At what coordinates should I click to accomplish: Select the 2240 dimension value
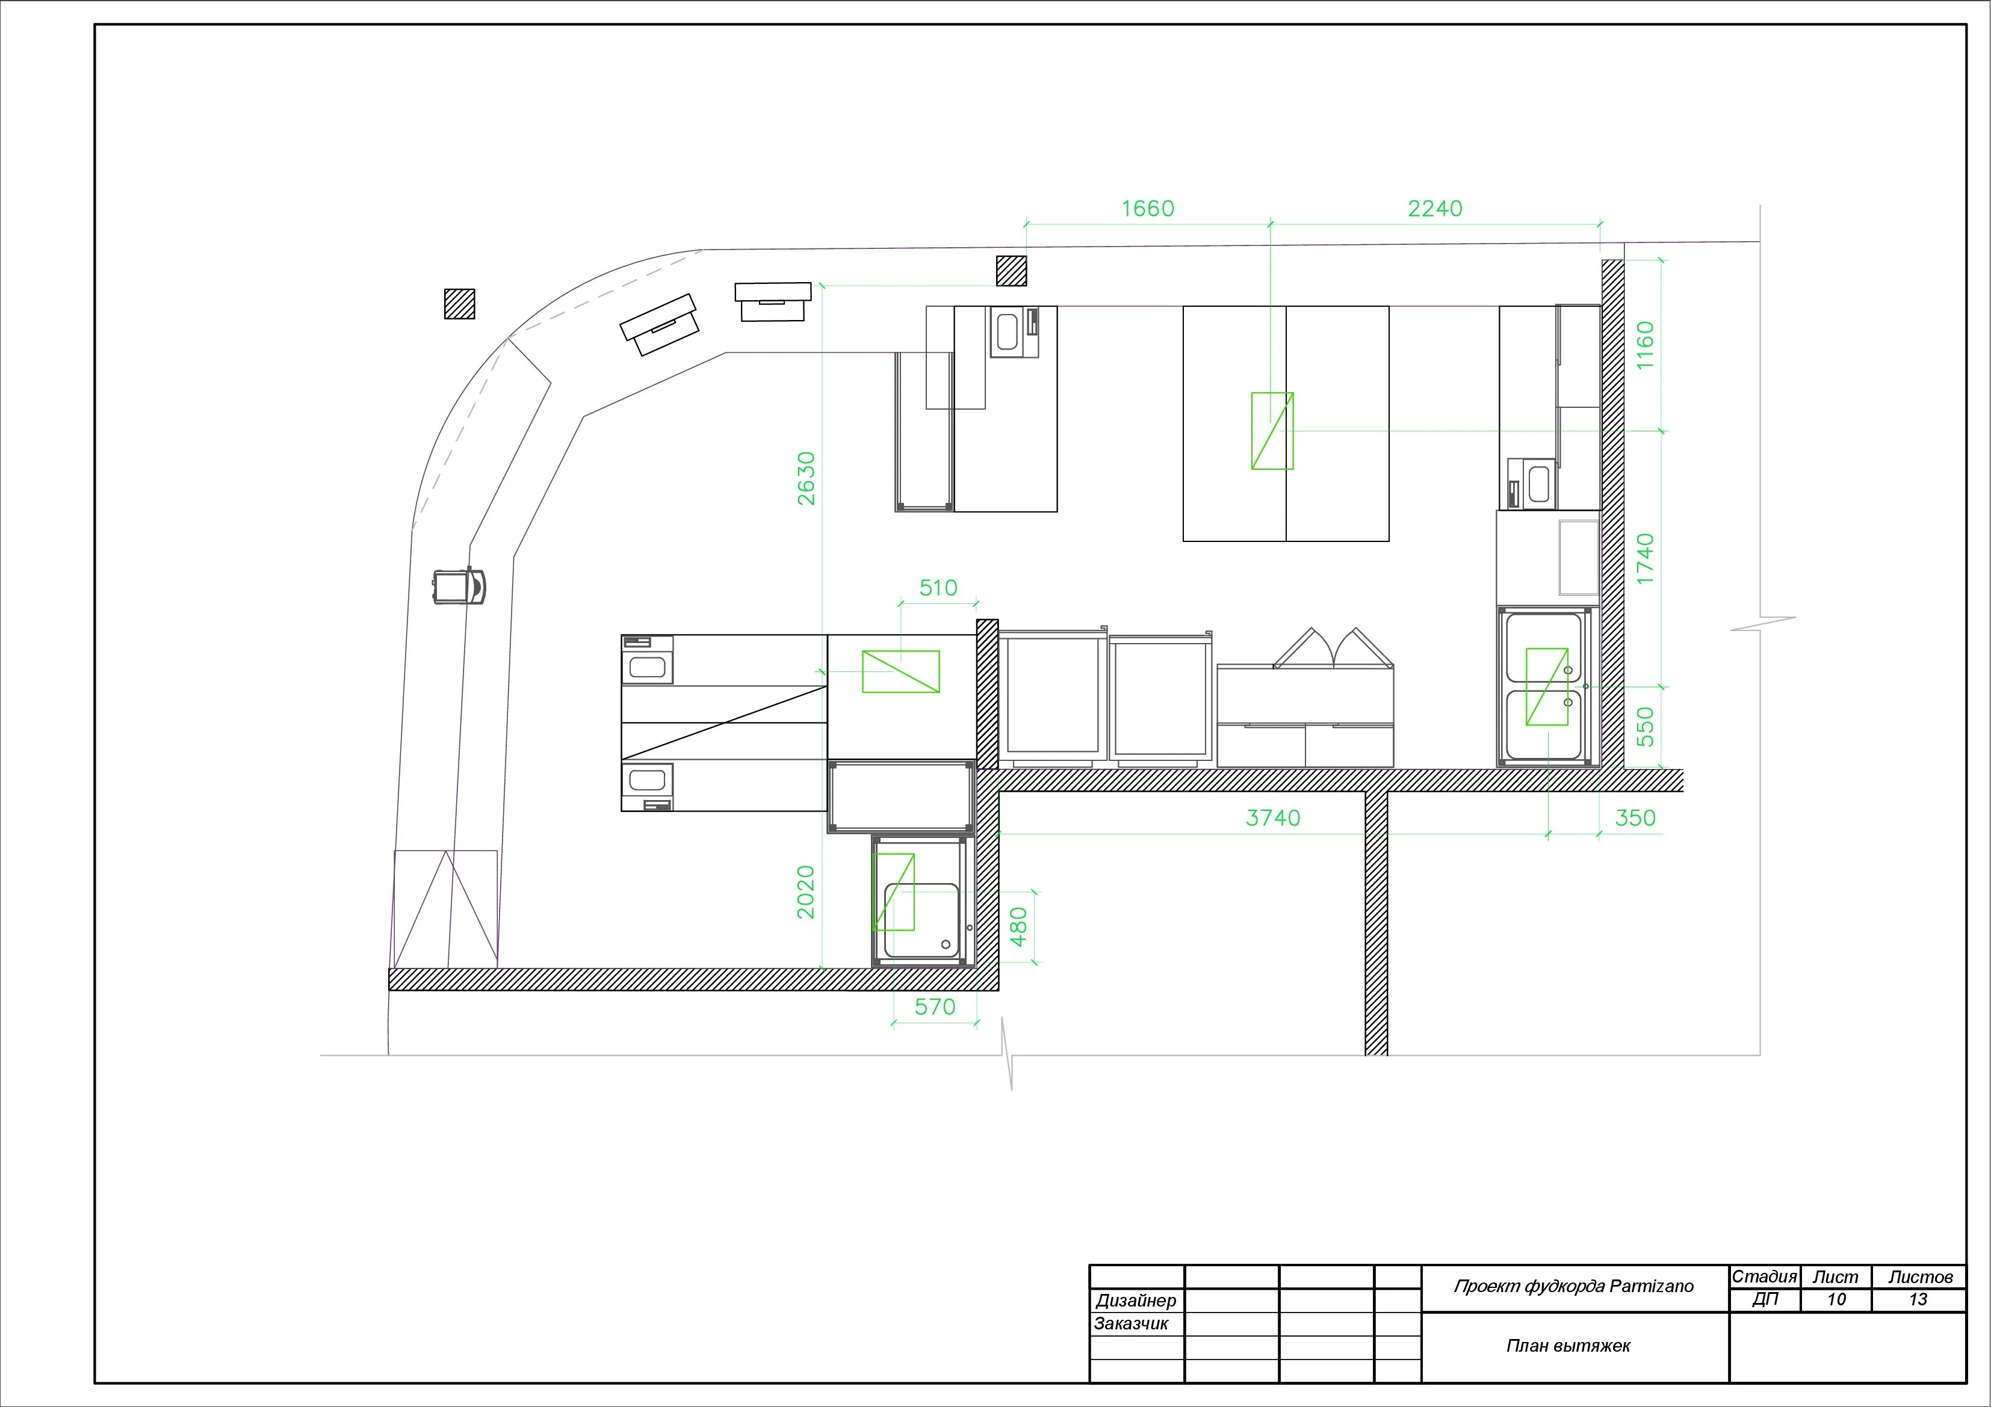[1434, 209]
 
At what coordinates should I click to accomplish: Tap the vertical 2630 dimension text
[807, 479]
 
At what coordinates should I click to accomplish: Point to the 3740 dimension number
[1273, 817]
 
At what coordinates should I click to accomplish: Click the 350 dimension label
[1635, 817]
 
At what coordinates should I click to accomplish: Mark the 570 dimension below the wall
[935, 1006]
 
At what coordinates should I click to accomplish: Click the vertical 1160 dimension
[1645, 345]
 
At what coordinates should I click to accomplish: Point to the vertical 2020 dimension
[807, 892]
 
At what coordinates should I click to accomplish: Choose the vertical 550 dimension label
[1645, 727]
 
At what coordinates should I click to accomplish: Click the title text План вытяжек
[1568, 1346]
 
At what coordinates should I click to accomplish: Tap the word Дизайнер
[1136, 1301]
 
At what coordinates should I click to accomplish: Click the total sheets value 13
[1918, 1299]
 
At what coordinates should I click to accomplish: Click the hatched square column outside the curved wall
[460, 303]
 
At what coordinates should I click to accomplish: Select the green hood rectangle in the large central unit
[1272, 431]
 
